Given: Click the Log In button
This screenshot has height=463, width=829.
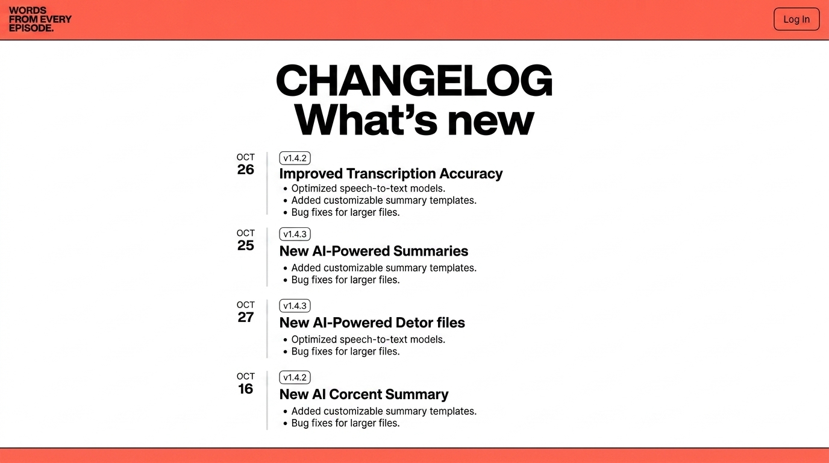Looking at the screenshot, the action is [x=796, y=19].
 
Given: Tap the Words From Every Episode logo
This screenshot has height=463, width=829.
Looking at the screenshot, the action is [x=40, y=19].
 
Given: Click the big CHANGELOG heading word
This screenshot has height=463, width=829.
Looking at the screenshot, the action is [x=414, y=81].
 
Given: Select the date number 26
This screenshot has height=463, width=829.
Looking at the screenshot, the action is [x=245, y=169].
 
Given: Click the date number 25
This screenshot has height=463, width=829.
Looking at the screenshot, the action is [x=245, y=245].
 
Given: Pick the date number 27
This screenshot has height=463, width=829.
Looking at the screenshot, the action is [x=245, y=318].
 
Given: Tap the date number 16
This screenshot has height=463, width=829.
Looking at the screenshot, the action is [x=245, y=389].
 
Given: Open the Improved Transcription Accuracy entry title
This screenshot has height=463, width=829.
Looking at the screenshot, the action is [x=391, y=174].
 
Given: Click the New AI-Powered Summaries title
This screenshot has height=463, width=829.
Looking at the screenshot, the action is [x=374, y=251].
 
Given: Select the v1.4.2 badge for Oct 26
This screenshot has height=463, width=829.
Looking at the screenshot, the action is [x=295, y=158].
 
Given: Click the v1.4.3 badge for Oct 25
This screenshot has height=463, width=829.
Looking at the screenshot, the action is [x=295, y=234].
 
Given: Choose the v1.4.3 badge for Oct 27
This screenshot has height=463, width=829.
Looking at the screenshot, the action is [x=295, y=306].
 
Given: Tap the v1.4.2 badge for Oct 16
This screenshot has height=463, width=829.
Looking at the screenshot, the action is [x=295, y=377].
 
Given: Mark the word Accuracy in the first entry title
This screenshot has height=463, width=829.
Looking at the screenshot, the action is [x=471, y=174].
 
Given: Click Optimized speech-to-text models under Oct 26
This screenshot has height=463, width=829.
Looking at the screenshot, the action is [x=368, y=189].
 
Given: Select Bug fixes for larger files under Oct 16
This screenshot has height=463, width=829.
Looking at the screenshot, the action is [x=345, y=423].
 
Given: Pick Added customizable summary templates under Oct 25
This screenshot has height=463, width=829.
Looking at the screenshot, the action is [x=384, y=268].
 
